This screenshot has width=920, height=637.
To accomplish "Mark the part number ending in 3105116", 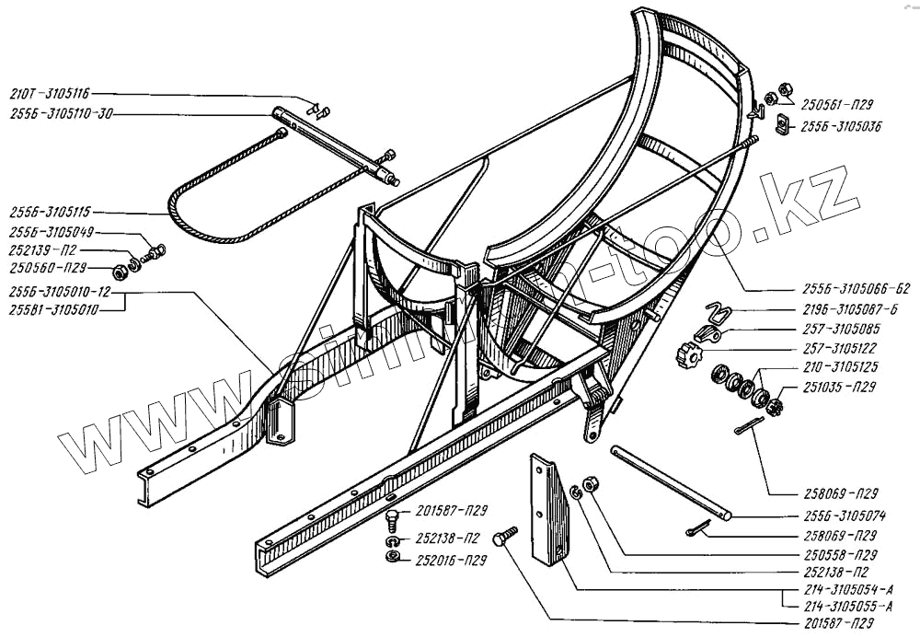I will (51, 94).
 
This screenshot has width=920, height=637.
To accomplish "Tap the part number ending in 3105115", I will (51, 211).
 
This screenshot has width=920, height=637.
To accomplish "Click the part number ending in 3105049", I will (51, 233).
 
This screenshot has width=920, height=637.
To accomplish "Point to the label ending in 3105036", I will (840, 127).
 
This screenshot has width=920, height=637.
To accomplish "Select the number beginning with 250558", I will (834, 554).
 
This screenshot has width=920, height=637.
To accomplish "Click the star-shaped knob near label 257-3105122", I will (687, 353).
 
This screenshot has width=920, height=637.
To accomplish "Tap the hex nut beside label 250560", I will (119, 272).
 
